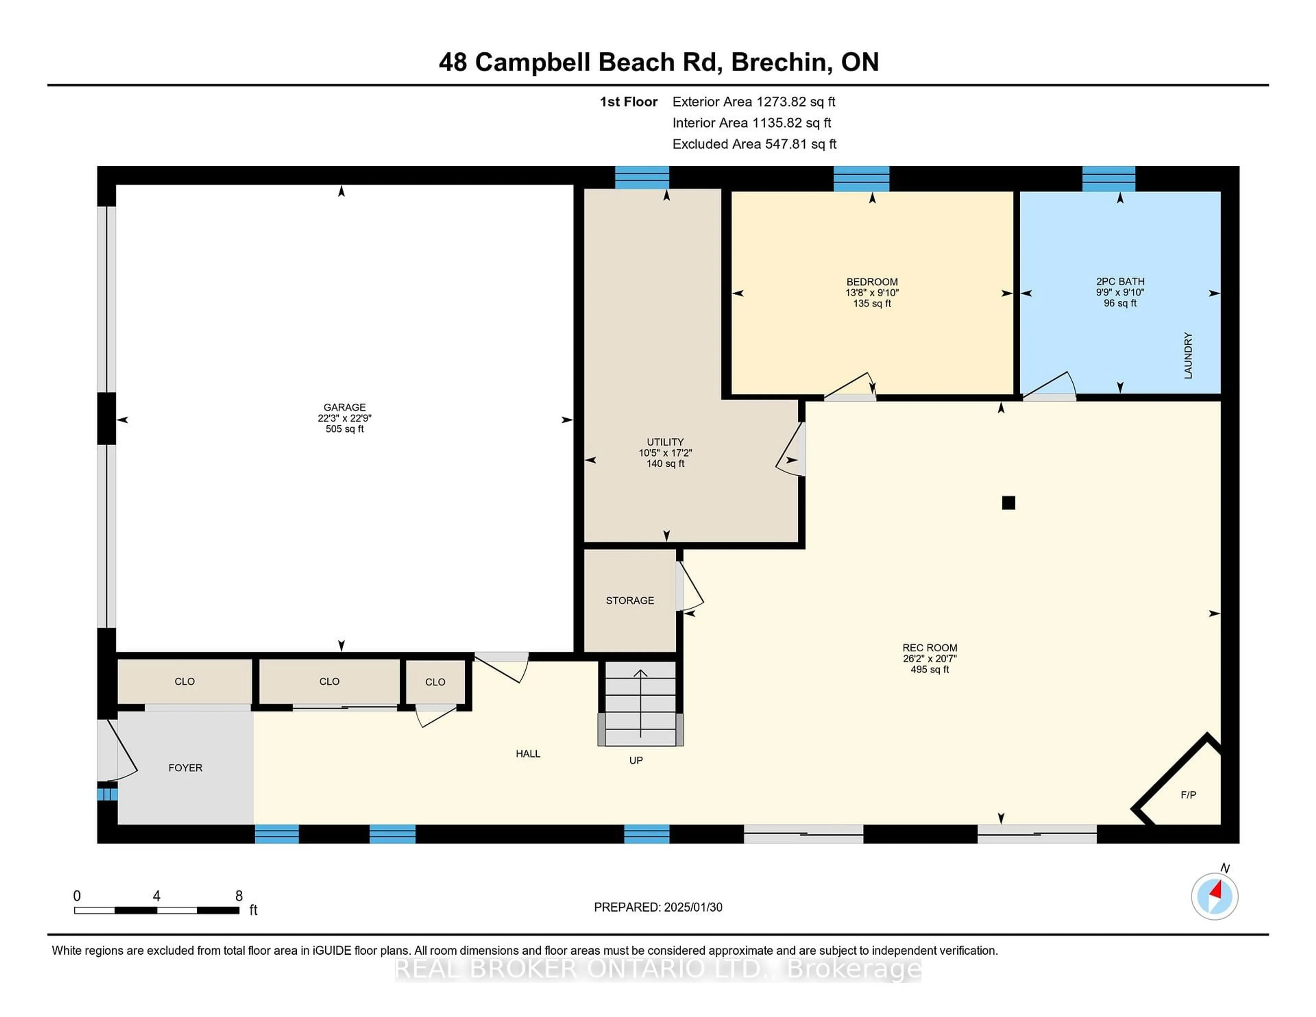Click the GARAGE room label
345,407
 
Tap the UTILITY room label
665,442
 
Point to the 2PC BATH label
1120,281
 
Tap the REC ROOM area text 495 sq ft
930,669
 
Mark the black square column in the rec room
1009,502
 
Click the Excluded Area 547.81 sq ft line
754,144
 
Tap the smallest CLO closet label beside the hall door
435,682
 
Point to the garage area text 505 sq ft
345,429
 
